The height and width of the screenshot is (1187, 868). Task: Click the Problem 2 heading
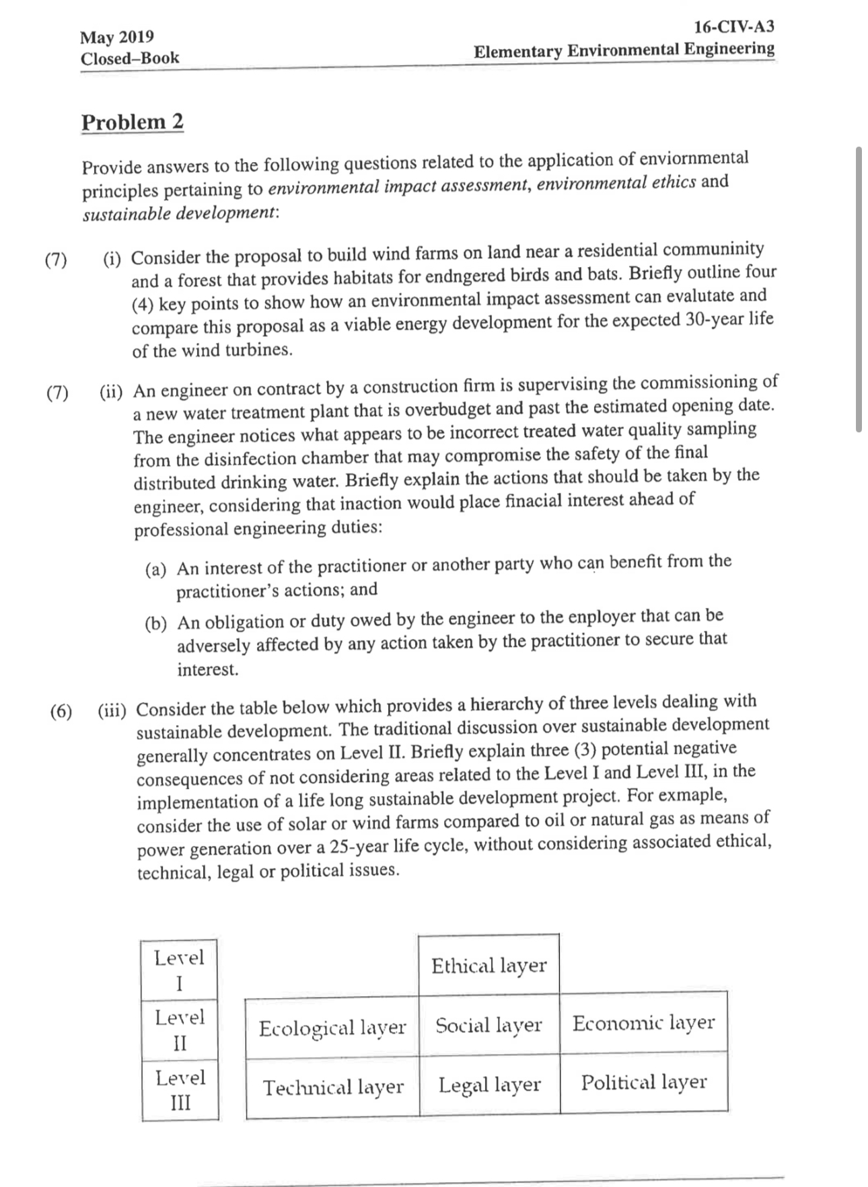click(x=132, y=122)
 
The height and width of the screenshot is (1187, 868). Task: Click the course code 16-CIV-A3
click(x=733, y=27)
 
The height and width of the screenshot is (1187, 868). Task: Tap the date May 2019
click(x=117, y=36)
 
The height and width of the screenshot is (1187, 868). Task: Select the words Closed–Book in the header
click(x=130, y=58)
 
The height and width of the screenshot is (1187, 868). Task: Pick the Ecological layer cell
click(x=332, y=1028)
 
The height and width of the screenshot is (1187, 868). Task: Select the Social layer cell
click(x=489, y=1025)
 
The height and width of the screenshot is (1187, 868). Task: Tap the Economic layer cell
click(x=643, y=1022)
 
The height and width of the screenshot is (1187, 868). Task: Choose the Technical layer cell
click(x=333, y=1087)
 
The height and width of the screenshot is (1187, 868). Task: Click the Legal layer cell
click(x=489, y=1084)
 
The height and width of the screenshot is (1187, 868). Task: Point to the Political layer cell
click(x=643, y=1082)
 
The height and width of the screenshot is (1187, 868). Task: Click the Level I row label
click(x=179, y=970)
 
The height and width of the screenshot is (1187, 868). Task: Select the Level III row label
click(x=180, y=1089)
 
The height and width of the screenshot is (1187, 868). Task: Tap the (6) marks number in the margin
click(x=61, y=712)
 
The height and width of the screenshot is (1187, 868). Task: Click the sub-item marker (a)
click(x=156, y=570)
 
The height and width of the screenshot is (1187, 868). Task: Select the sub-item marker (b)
click(x=156, y=623)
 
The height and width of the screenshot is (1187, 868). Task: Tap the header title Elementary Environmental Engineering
click(x=624, y=50)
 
